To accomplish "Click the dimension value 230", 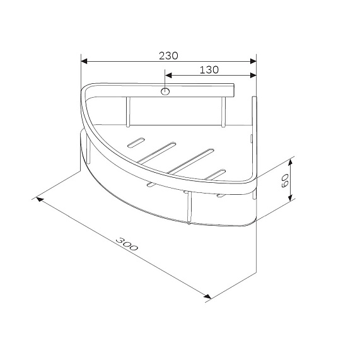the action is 168,55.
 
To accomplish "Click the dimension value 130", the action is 209,70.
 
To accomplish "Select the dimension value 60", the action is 285,180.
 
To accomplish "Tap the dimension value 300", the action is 127,244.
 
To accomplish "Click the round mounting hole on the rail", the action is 165,91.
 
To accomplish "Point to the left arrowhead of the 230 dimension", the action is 84,61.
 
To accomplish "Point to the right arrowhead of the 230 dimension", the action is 253,61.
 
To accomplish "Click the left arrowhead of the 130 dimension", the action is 168,75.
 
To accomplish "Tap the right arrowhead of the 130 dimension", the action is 253,75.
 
